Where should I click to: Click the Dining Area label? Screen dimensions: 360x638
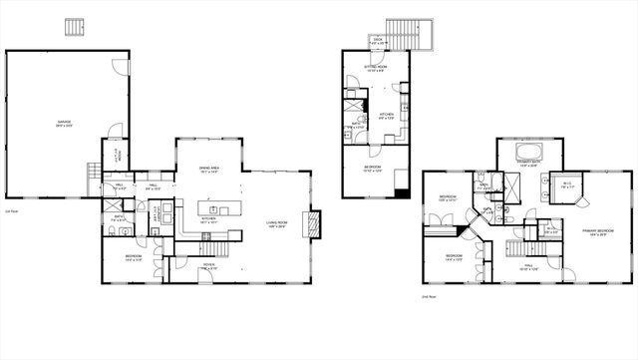point(208,171)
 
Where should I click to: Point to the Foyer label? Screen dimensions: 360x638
point(207,266)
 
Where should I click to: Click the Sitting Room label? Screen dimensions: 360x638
point(376,69)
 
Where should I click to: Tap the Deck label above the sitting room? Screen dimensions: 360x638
point(377,42)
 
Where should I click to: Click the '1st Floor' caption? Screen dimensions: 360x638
point(12,211)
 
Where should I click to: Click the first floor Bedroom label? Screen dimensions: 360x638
point(132,258)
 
